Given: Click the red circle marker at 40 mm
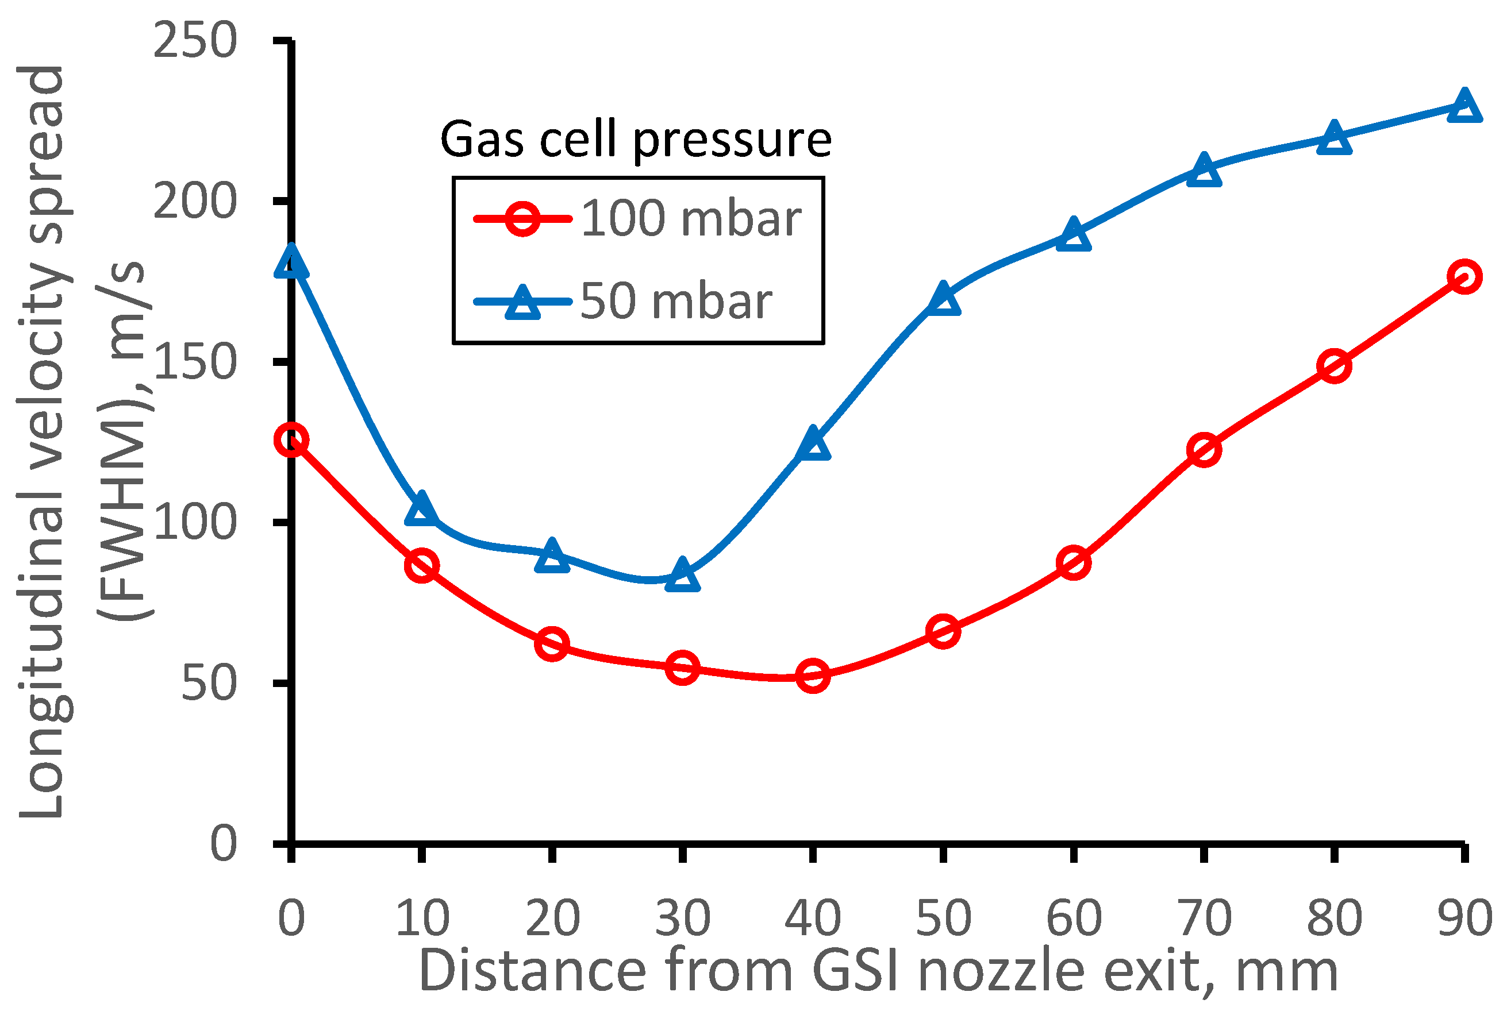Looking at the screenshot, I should (x=813, y=676).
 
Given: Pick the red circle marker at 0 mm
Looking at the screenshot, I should (x=291, y=441).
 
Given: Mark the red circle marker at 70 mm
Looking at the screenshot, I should (x=1204, y=449).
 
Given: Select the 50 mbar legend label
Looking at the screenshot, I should (x=676, y=301).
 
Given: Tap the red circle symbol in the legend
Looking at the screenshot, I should (x=522, y=219).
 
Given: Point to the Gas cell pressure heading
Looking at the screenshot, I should (x=636, y=139).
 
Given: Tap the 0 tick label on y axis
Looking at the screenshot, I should (x=223, y=844).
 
